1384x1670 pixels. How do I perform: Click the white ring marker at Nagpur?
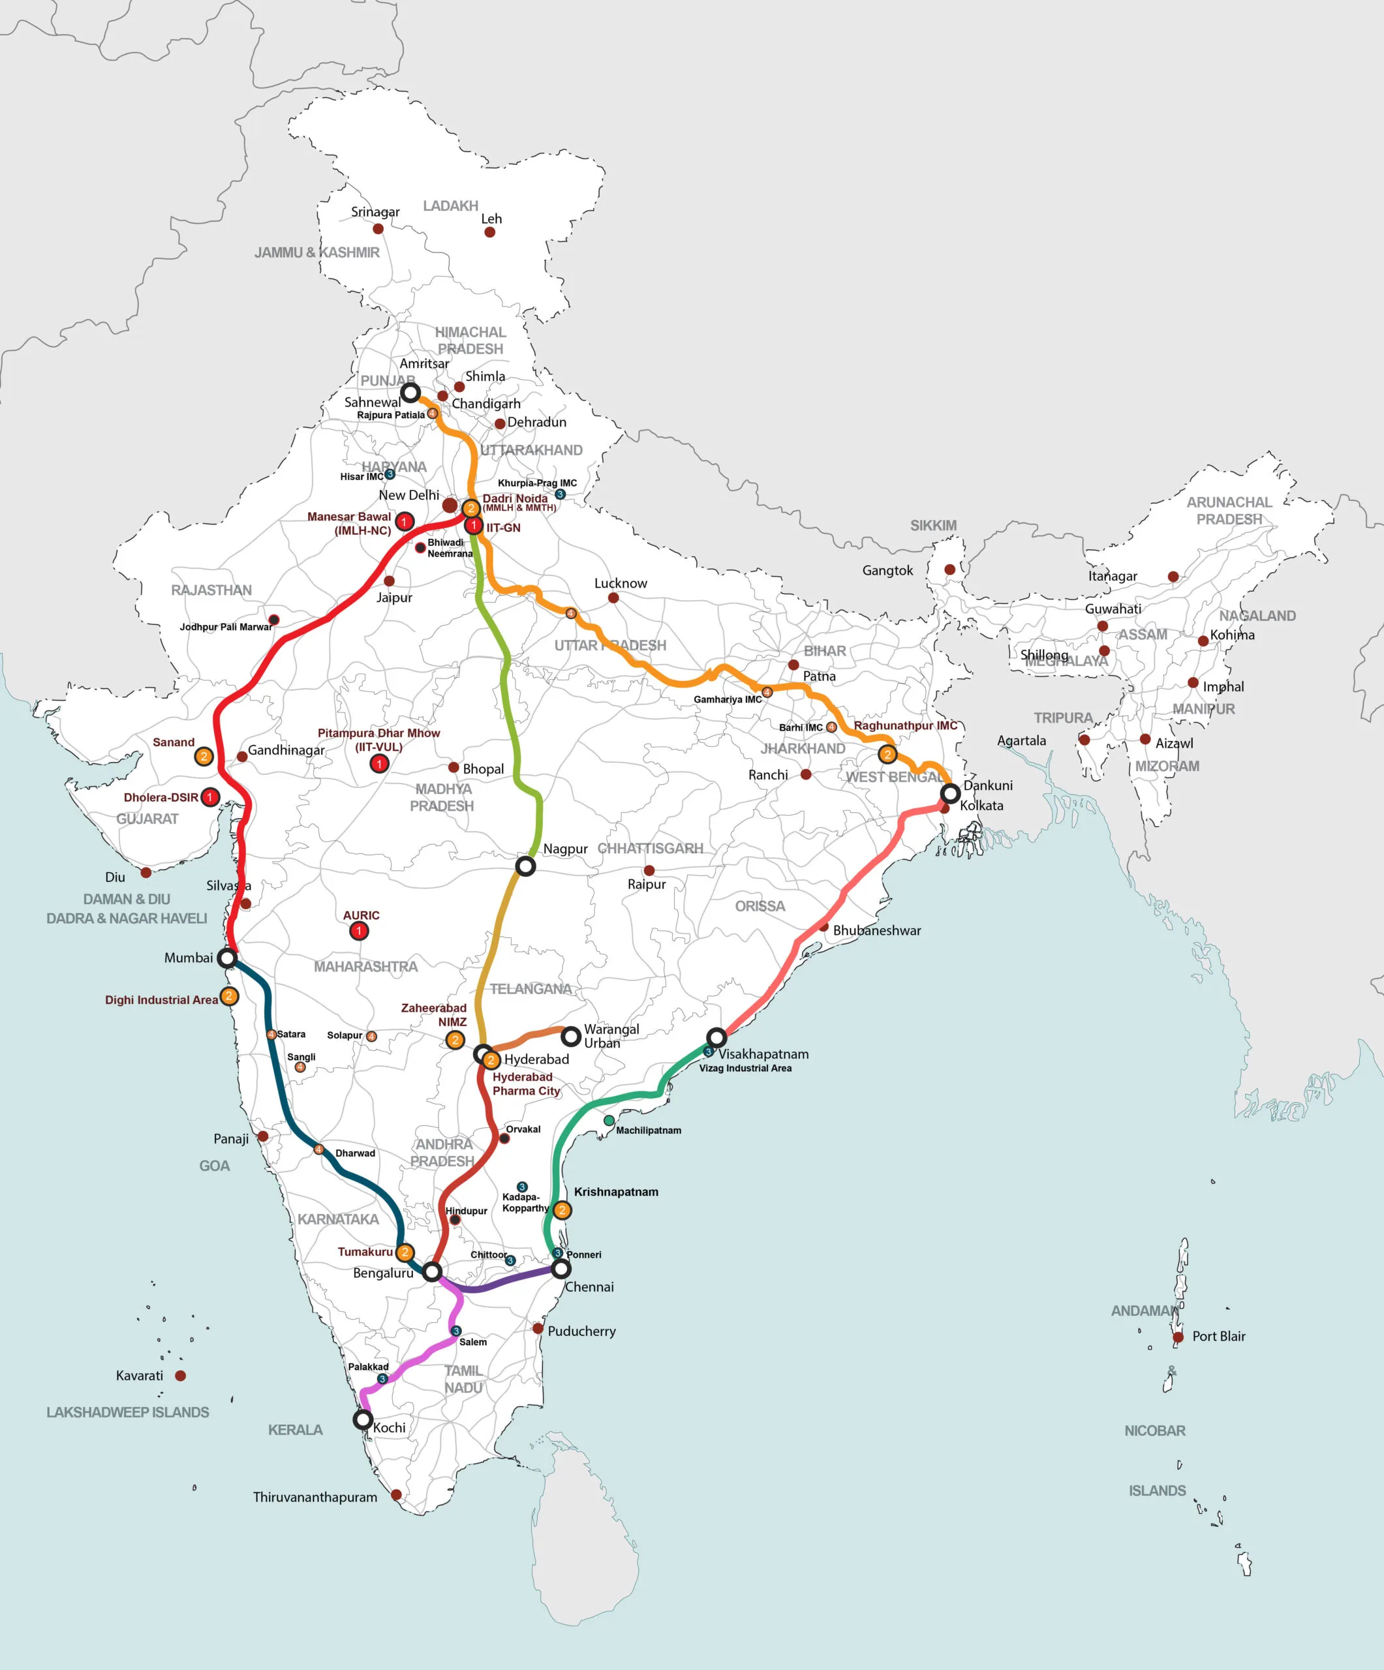pyautogui.click(x=526, y=866)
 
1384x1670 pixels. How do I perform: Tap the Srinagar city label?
pyautogui.click(x=375, y=212)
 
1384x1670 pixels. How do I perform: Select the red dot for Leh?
pyautogui.click(x=490, y=232)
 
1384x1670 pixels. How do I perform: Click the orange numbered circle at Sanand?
pyautogui.click(x=204, y=756)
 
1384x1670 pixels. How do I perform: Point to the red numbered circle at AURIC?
pyautogui.click(x=359, y=930)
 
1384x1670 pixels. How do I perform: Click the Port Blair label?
pyautogui.click(x=1218, y=1336)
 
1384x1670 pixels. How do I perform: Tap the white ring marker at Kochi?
pyautogui.click(x=363, y=1419)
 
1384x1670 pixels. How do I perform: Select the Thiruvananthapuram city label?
pyautogui.click(x=315, y=1496)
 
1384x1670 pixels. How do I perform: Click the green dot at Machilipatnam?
pyautogui.click(x=609, y=1121)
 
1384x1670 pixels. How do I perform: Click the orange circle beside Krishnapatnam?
pyautogui.click(x=562, y=1210)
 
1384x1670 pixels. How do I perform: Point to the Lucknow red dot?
pyautogui.click(x=613, y=598)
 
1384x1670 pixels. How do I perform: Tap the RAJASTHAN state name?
pyautogui.click(x=211, y=590)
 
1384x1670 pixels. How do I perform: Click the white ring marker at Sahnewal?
pyautogui.click(x=410, y=392)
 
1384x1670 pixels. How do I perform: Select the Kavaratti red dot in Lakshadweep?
pyautogui.click(x=181, y=1375)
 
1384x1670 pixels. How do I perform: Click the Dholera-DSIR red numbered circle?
pyautogui.click(x=210, y=797)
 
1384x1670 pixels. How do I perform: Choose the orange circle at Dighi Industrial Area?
pyautogui.click(x=228, y=995)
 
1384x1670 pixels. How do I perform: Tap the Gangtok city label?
pyautogui.click(x=887, y=570)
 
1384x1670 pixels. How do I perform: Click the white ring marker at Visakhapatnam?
pyautogui.click(x=716, y=1038)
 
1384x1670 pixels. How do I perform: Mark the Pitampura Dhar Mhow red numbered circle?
pyautogui.click(x=379, y=763)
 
